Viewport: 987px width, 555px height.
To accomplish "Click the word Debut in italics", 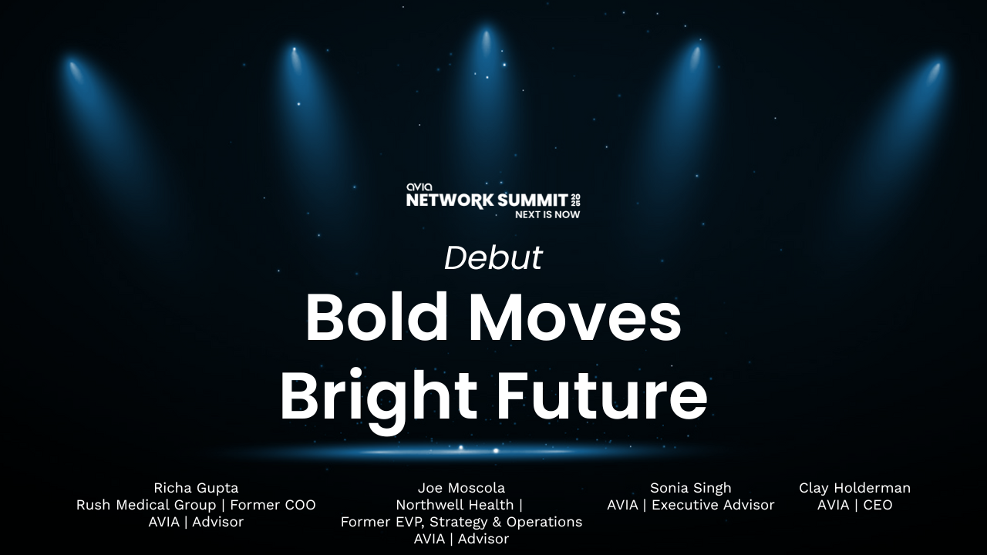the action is click(x=493, y=257).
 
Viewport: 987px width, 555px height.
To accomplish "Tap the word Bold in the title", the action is click(x=377, y=317).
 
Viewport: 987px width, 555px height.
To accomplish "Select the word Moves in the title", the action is click(x=575, y=317).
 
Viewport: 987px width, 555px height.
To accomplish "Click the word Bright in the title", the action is click(x=379, y=396).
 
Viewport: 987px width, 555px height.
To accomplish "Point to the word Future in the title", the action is click(x=603, y=393).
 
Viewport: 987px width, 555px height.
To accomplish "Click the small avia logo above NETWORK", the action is click(x=419, y=187).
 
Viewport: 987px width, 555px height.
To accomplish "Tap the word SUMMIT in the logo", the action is click(x=532, y=200).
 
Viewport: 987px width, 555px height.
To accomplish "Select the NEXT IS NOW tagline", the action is click(x=547, y=214).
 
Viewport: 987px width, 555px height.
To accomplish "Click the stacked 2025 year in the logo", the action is click(x=575, y=200).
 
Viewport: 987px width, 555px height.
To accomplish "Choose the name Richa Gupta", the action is click(x=196, y=488).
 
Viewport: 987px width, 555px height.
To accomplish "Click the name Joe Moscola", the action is click(x=461, y=488).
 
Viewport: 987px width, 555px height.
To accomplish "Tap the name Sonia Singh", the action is click(x=691, y=488).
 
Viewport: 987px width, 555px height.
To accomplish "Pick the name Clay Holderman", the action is click(x=855, y=488).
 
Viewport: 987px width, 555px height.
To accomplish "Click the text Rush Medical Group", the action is click(x=147, y=505).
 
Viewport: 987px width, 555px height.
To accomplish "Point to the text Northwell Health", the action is click(x=455, y=505).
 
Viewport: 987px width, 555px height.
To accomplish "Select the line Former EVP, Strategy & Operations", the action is click(x=461, y=522).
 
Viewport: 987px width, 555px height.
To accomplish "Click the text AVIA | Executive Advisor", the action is click(x=691, y=505).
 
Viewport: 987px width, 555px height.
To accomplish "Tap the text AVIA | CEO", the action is click(x=855, y=505).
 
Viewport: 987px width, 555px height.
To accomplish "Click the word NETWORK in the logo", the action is click(x=450, y=200).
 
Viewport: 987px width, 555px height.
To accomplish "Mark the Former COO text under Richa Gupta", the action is click(x=273, y=505).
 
